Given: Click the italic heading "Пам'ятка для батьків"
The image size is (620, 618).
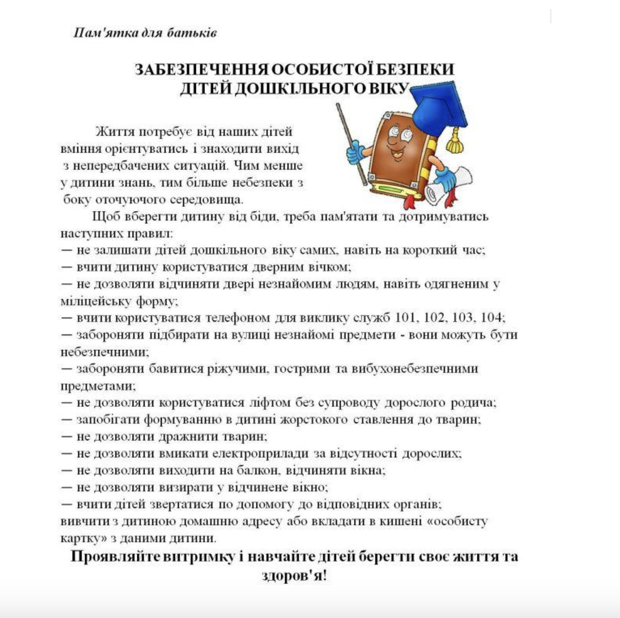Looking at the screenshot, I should click(145, 33).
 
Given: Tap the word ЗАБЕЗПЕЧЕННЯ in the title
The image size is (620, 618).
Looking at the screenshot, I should click(202, 70).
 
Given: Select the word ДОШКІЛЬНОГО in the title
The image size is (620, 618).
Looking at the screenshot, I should click(299, 88).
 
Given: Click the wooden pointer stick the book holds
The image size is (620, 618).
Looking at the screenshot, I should click(351, 144).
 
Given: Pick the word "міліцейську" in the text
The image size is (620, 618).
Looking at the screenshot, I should click(96, 301).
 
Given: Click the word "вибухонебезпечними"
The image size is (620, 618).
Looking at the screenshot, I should click(415, 369).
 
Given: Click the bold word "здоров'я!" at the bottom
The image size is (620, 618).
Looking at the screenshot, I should click(294, 576).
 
